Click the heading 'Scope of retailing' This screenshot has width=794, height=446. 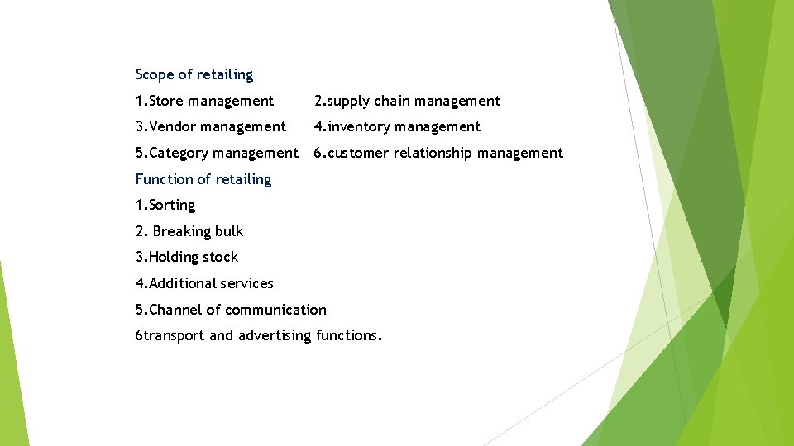pyautogui.click(x=194, y=74)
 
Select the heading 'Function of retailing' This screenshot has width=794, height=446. pyautogui.click(x=203, y=179)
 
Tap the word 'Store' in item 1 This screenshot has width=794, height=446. pyautogui.click(x=166, y=101)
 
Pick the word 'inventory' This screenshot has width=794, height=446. pyautogui.click(x=360, y=126)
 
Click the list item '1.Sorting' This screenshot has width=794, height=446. pyautogui.click(x=165, y=205)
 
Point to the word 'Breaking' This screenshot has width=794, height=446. pyautogui.click(x=181, y=231)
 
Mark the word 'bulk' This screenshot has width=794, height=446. pyautogui.click(x=228, y=231)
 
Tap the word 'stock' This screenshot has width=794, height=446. pyautogui.click(x=221, y=257)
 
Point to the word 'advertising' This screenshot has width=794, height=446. pyautogui.click(x=275, y=335)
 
